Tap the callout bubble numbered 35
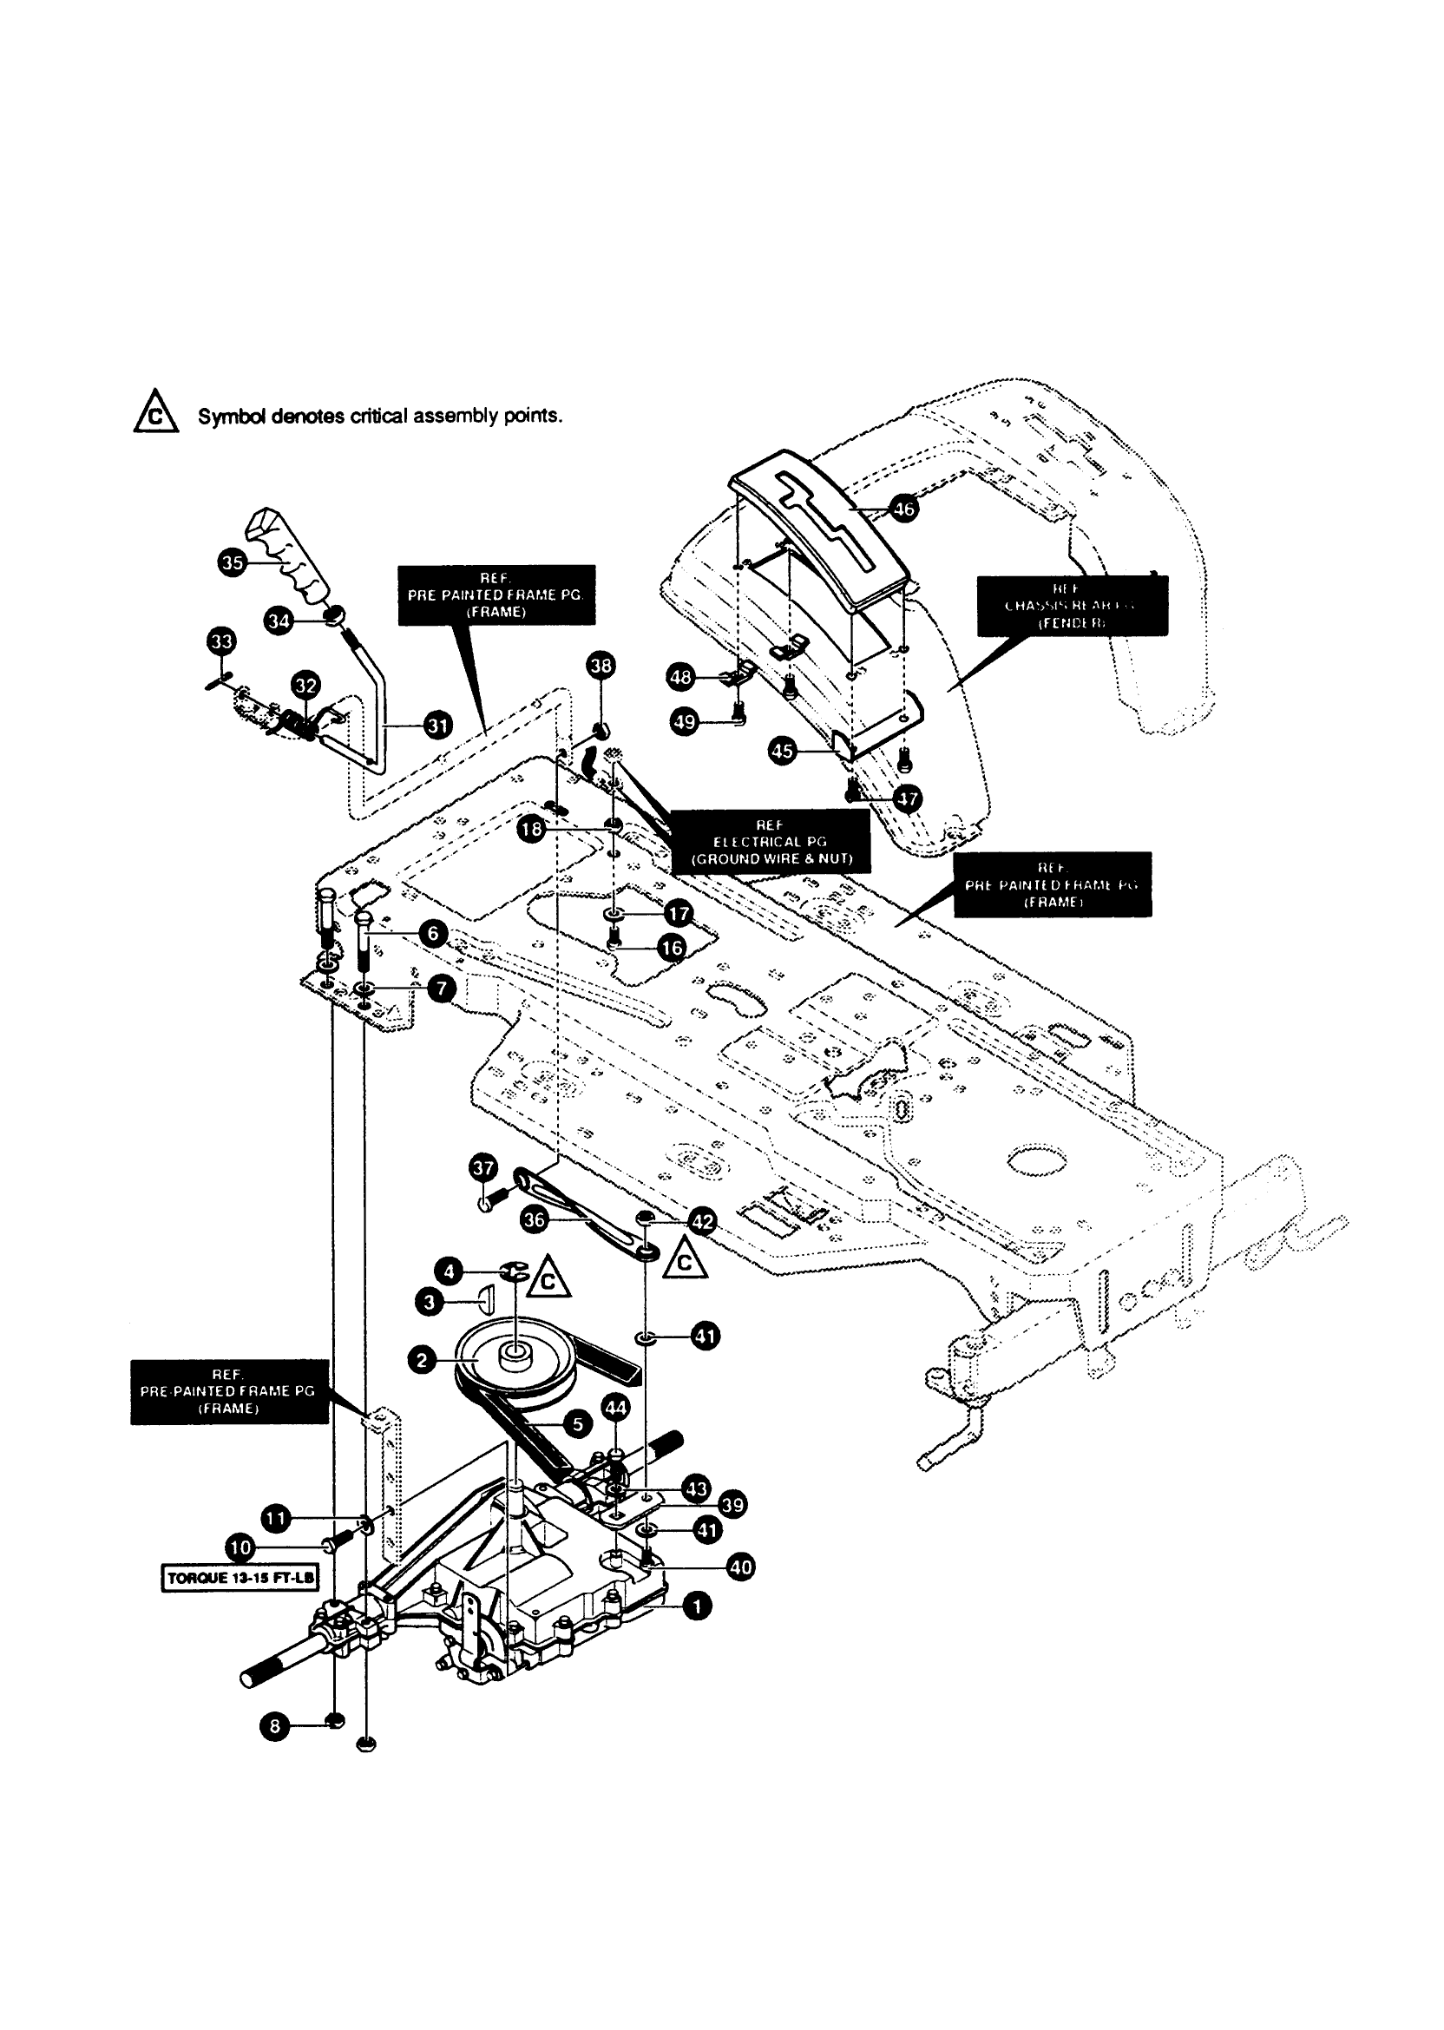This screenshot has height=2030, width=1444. coord(232,562)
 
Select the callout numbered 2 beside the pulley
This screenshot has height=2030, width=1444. coord(422,1361)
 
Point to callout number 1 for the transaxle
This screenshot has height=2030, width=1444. coord(697,1606)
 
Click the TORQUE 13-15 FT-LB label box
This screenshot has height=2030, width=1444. coord(240,1579)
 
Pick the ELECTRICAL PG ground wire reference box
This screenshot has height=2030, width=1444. coord(770,842)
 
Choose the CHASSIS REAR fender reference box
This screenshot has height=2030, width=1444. coord(1073,606)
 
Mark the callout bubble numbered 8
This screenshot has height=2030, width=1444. coord(275,1727)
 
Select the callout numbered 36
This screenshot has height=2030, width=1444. coord(534,1220)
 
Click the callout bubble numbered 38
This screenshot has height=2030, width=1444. coord(602,665)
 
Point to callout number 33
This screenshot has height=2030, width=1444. coord(221,641)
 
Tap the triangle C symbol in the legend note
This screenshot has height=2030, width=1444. coord(155,412)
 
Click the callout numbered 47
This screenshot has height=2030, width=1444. coord(907,798)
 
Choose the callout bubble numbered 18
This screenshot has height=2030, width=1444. coord(532,830)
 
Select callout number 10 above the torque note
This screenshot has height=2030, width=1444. coord(240,1547)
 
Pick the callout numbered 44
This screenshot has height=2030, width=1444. coord(615,1408)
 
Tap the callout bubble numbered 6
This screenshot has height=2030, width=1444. coord(432,933)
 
